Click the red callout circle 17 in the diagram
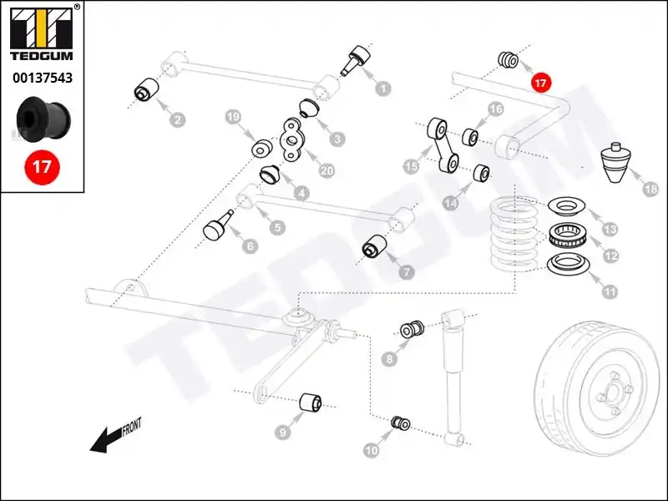540,83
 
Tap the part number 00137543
42,78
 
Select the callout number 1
383,87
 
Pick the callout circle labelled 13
610,229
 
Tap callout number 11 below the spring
610,292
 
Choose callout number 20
326,171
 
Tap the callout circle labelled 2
177,119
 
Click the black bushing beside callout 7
373,247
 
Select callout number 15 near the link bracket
411,167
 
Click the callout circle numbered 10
371,450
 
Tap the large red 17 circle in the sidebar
42,166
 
